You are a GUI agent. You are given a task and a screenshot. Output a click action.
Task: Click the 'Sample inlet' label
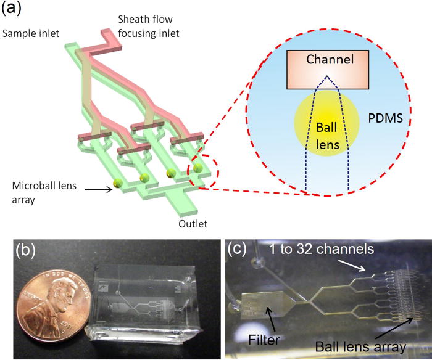pyautogui.click(x=29, y=32)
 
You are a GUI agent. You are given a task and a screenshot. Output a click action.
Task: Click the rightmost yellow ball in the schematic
pyautogui.click(x=197, y=167)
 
